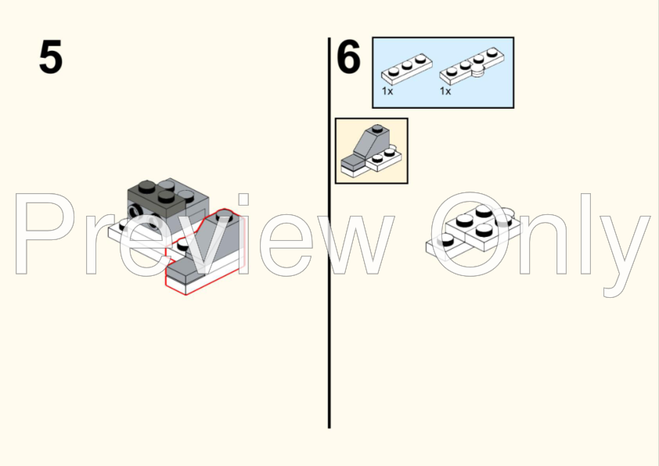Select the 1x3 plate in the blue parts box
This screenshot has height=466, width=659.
coord(406,69)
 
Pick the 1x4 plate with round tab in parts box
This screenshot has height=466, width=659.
coord(472,66)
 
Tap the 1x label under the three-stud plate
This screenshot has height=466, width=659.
coord(387,91)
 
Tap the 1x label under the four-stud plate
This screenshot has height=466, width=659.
coord(445,91)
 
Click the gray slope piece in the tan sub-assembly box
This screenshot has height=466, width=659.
coord(371,143)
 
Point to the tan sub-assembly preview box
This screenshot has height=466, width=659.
coord(372,151)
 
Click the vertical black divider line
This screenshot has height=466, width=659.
coord(329,233)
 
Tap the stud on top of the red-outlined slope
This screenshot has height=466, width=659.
coord(225,217)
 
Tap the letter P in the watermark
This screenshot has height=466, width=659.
coord(45,234)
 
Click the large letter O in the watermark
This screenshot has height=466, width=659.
coord(470,235)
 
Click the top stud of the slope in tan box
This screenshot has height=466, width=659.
coord(377,127)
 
